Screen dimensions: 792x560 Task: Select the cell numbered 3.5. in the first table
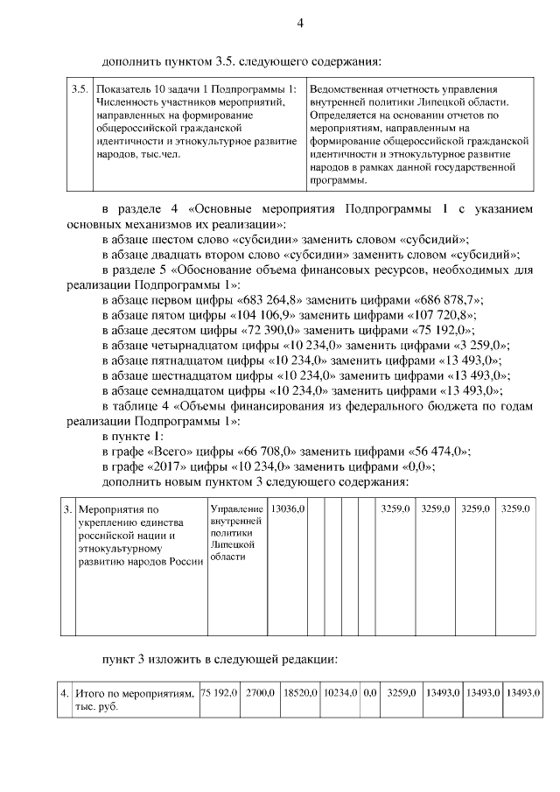79,89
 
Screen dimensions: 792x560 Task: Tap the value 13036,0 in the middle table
287,508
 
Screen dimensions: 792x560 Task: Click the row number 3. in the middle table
67,508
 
